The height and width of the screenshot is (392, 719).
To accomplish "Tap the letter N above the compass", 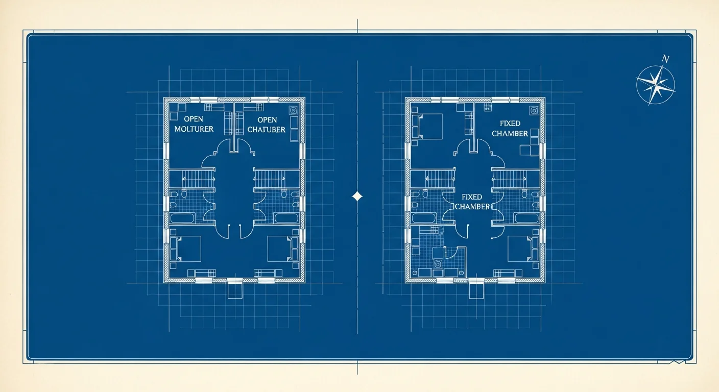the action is tap(666, 59).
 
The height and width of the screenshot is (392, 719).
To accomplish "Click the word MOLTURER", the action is tap(194, 129).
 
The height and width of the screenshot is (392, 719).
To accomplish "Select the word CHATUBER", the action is tap(267, 130).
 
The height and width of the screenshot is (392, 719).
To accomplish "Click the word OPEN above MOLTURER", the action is tap(194, 119).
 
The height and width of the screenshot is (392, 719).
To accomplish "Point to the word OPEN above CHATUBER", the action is tap(267, 120).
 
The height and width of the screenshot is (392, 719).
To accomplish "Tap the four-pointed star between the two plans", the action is tap(357, 197).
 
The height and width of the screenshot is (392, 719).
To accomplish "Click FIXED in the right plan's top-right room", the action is tap(510, 124).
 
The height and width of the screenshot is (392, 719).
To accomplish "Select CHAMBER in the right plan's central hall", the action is tap(472, 207).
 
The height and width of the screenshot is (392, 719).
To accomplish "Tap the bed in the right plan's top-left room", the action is tap(427, 127).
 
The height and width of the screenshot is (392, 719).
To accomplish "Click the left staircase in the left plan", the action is tap(198, 179).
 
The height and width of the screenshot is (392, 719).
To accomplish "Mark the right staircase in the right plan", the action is tap(510, 179).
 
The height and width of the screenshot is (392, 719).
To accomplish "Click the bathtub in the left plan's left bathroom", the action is tap(182, 218).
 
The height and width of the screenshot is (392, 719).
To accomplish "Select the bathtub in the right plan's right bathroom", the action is tap(526, 218).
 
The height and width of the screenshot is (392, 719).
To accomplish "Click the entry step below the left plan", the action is tap(235, 290).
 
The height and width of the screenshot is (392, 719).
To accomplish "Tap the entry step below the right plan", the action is tap(476, 290).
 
